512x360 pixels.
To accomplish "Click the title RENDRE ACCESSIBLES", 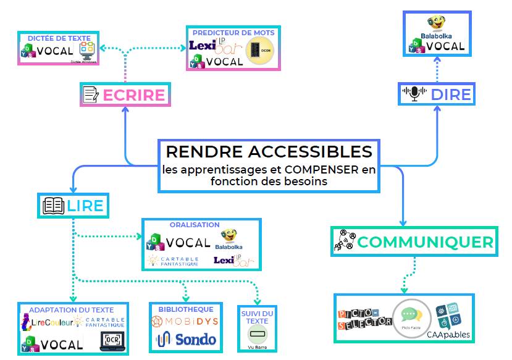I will tap(269, 151).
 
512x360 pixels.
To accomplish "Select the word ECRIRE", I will tap(133, 95).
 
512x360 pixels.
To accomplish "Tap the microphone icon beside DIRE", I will tap(414, 94).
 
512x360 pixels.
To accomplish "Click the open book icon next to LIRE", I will tap(54, 206).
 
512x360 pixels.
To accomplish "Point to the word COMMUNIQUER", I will tap(426, 242).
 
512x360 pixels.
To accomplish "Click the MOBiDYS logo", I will tap(183, 322).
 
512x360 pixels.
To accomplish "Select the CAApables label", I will tap(448, 335).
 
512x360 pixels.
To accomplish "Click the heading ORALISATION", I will tap(195, 225).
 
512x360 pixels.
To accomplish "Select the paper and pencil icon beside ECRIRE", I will tap(91, 95).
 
